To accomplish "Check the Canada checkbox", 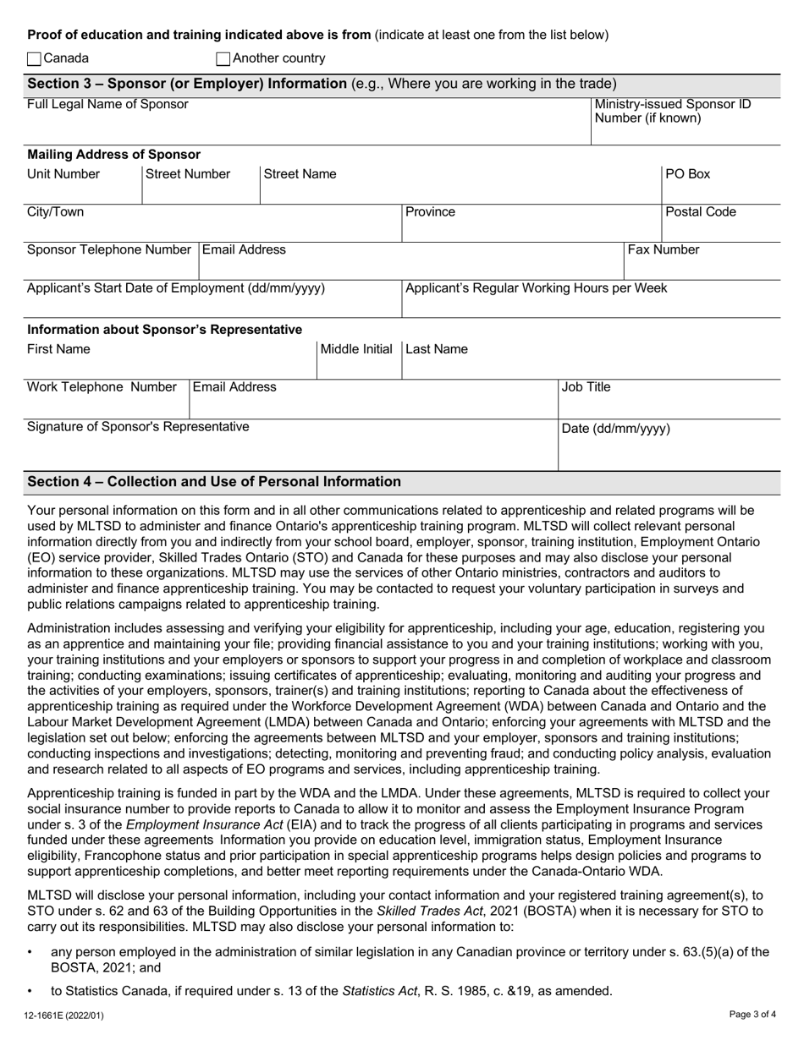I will coord(34,59).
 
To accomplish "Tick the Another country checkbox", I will coord(223,59).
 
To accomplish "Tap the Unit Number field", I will coord(83,190).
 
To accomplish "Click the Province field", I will coord(531,228).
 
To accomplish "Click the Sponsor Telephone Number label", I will coord(109,250).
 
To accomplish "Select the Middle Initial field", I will coord(358,365).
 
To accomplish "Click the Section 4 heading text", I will coord(214,482).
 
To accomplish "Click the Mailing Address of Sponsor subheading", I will coord(114,155).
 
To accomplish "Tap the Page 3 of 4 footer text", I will coord(752,1013).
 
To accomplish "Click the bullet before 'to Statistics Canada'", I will coord(30,991).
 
